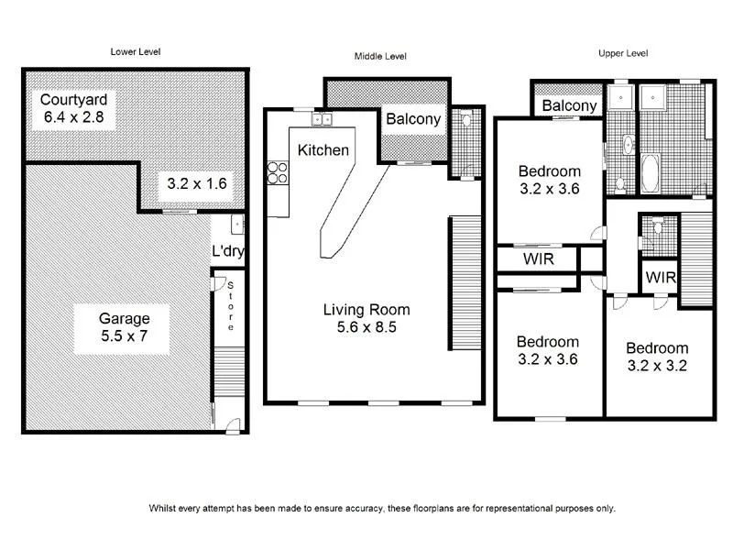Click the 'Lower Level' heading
(136, 52)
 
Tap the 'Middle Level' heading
(380, 57)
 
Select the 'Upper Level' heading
(624, 54)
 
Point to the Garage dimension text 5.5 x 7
(125, 335)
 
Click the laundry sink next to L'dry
(236, 223)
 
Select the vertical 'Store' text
(232, 306)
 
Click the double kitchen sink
(323, 119)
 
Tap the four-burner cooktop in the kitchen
(278, 173)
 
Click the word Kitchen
(323, 148)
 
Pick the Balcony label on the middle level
(413, 119)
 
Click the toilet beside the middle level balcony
(465, 120)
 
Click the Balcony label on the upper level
(569, 105)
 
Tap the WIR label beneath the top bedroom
(538, 259)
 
